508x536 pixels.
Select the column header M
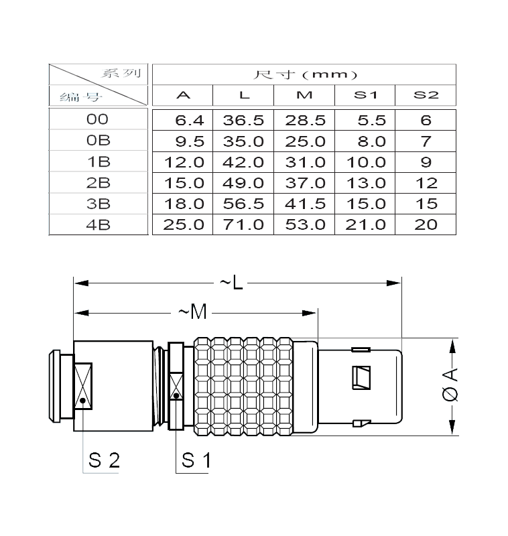pos(304,95)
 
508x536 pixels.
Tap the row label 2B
pos(98,183)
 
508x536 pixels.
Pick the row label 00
pos(98,120)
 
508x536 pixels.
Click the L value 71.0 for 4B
pos(244,224)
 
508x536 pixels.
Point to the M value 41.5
pos(305,204)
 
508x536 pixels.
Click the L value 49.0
pos(244,183)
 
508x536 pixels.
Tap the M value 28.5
pos(305,121)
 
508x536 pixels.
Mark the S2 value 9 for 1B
pos(426,162)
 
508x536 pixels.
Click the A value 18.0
pos(183,204)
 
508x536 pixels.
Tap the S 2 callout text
pos(104,460)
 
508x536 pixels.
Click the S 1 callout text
pos(196,460)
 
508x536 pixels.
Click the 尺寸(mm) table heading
pos(304,74)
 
